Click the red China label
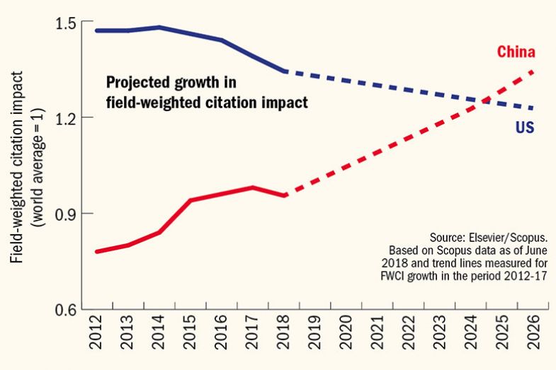[x=515, y=52]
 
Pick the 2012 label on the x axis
[x=97, y=339]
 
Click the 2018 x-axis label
[x=284, y=339]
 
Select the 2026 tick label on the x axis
[x=533, y=339]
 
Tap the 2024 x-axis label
[x=471, y=339]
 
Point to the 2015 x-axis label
[x=191, y=339]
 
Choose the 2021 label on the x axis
[x=378, y=339]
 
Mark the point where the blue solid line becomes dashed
[x=284, y=71]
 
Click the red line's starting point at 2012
[x=97, y=251]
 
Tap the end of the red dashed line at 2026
[x=533, y=71]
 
